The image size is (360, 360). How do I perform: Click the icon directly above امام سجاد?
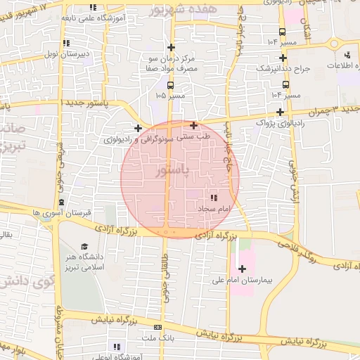214,198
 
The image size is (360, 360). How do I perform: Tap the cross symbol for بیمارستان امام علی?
243,268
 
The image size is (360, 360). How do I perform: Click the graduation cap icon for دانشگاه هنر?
84,247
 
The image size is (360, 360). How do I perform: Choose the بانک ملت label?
159,339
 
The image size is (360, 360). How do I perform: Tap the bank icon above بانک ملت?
157,328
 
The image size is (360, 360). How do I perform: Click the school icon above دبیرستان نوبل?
67,42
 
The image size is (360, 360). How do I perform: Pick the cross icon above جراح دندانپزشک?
282,58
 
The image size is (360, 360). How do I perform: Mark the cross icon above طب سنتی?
194,126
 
